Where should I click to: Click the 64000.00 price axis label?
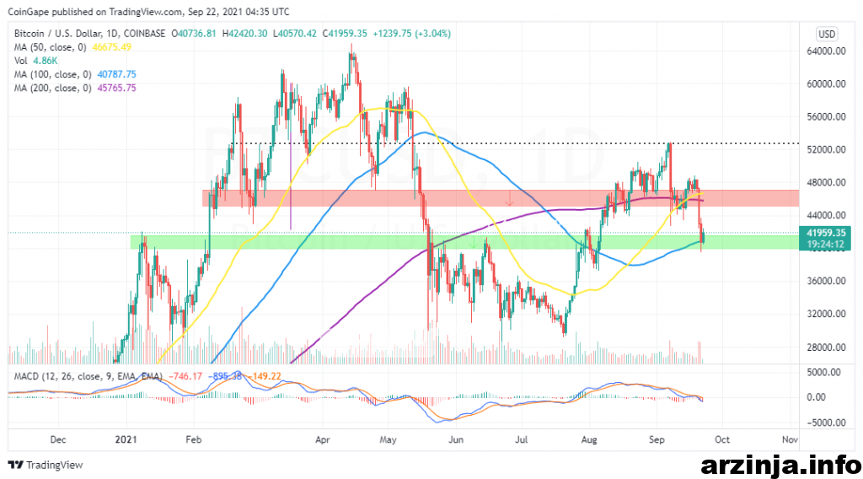click(x=826, y=51)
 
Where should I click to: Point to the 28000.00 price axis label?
click(x=826, y=347)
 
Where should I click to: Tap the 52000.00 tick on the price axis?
click(x=826, y=150)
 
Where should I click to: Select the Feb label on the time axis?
click(x=194, y=440)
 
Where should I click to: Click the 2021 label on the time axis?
click(x=126, y=440)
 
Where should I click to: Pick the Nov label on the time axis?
click(x=790, y=440)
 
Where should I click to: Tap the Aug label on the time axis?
click(x=589, y=440)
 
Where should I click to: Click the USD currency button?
click(x=827, y=34)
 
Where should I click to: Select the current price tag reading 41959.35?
click(x=825, y=234)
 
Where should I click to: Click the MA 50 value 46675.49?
click(x=112, y=47)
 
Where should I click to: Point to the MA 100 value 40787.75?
click(x=116, y=74)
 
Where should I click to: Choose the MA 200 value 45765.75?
click(x=116, y=88)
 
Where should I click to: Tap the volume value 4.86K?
click(x=45, y=61)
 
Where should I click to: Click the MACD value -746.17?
click(x=185, y=377)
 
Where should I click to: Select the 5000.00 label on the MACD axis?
click(x=824, y=373)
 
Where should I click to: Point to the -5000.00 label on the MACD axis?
click(x=823, y=422)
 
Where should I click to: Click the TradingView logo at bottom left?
click(x=46, y=466)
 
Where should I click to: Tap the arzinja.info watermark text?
click(x=781, y=466)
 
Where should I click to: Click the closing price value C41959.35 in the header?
click(x=345, y=34)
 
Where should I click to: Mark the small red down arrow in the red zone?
click(x=510, y=199)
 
